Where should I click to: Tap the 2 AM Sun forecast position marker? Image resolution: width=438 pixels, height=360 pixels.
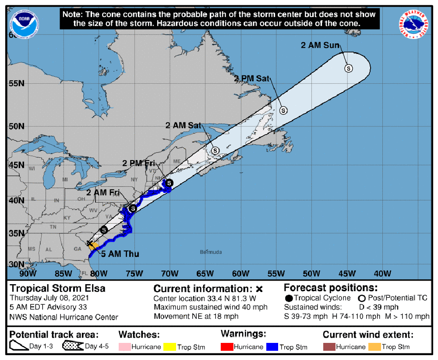tap(349, 68)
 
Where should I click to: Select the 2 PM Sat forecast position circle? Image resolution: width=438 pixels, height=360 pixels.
tap(283, 110)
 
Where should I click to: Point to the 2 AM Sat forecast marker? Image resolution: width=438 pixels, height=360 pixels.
tap(215, 150)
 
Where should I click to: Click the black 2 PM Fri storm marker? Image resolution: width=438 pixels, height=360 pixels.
tap(169, 182)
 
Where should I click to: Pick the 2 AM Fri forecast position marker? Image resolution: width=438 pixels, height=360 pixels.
tap(133, 208)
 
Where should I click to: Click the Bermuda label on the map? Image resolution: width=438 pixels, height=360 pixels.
tap(211, 252)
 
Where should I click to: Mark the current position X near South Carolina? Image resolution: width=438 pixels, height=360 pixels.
tap(89, 243)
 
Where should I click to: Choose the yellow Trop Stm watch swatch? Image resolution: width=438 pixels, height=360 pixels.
tap(170, 347)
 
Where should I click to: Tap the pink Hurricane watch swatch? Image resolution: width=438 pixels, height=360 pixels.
tap(125, 347)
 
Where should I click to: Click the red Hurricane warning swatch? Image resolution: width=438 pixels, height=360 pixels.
tap(226, 347)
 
